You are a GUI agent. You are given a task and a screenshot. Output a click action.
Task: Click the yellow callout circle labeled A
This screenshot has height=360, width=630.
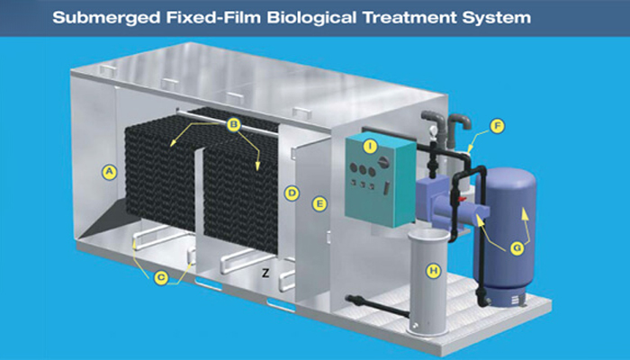(x=109, y=173)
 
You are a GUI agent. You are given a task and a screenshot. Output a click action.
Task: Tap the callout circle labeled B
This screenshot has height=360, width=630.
(x=233, y=124)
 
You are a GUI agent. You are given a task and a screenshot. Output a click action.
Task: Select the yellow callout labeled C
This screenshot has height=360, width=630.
(x=161, y=277)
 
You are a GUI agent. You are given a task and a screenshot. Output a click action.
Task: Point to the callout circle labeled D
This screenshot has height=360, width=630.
(x=292, y=193)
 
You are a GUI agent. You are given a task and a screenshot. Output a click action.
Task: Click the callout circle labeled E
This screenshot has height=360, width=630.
(x=319, y=204)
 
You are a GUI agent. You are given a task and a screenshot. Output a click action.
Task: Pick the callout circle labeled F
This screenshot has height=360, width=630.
(x=498, y=127)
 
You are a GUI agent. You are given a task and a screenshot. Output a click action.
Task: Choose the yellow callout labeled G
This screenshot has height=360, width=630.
(x=517, y=248)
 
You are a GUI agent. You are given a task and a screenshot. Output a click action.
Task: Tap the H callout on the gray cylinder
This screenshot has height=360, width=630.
(x=434, y=271)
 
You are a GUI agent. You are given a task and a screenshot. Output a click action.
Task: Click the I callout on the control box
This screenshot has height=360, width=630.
(x=369, y=147)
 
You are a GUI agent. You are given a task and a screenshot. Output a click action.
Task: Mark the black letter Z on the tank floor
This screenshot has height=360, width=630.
(x=265, y=274)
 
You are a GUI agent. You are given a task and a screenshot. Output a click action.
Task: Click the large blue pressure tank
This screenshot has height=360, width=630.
(x=506, y=232)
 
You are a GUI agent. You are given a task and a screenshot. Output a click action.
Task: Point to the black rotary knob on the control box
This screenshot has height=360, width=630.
(x=383, y=161)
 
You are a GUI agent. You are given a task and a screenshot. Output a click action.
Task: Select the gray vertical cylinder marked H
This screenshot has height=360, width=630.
(x=427, y=283)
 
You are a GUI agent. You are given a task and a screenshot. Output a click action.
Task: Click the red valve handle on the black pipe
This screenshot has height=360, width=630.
(x=462, y=199)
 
